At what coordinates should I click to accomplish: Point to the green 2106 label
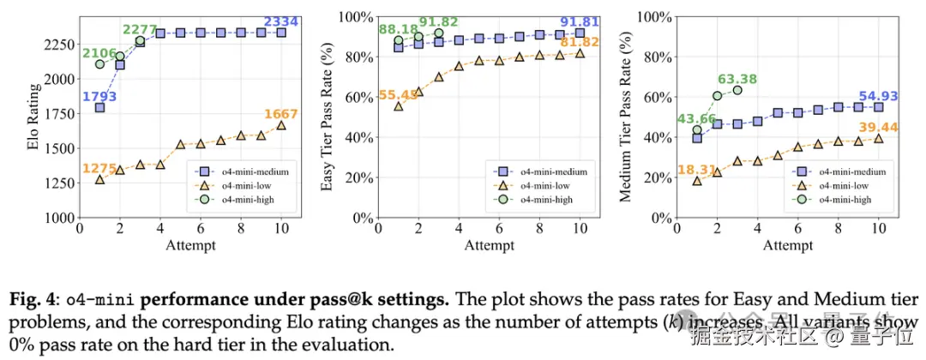coord(99,52)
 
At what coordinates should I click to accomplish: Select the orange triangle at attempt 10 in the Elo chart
coord(281,125)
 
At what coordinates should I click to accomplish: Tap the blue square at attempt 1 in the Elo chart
coord(99,108)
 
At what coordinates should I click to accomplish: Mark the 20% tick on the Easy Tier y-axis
coord(364,177)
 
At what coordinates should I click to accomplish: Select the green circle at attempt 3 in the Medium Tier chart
coord(737,90)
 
